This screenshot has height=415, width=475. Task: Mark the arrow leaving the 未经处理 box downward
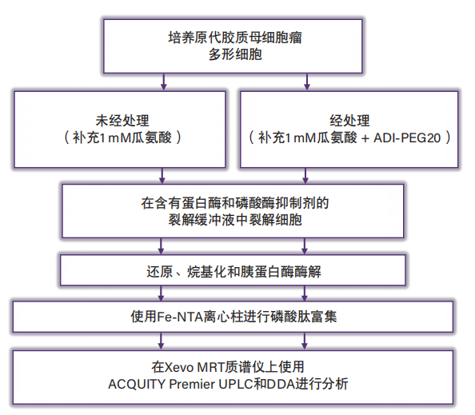point(163,174)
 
